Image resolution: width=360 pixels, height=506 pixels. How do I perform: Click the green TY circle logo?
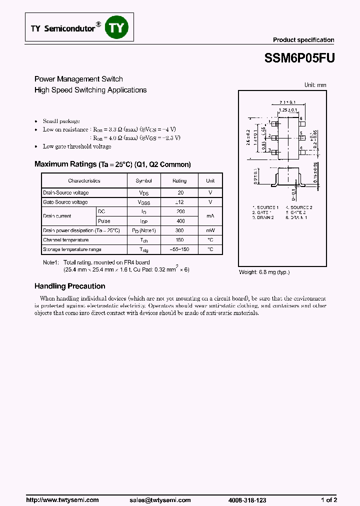click(115, 29)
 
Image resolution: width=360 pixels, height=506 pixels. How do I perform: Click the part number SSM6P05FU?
click(299, 58)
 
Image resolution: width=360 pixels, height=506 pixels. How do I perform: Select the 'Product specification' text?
click(303, 40)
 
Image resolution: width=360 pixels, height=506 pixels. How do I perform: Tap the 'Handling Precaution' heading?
click(69, 286)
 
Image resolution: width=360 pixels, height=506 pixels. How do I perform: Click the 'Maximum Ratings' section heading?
click(112, 164)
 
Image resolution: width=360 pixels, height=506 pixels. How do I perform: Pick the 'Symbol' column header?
click(143, 181)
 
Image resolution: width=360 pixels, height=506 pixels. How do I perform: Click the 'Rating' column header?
click(179, 181)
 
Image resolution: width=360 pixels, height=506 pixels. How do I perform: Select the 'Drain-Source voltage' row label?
click(66, 193)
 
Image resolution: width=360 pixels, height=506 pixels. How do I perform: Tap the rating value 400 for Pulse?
click(180, 221)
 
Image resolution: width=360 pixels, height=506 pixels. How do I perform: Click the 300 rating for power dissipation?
click(180, 230)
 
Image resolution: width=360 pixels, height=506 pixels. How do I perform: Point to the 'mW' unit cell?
click(210, 230)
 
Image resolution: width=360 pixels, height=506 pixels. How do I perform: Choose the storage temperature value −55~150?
click(180, 249)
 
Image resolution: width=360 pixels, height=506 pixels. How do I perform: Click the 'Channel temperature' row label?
click(65, 240)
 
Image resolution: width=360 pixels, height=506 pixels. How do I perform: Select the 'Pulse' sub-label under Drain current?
click(104, 221)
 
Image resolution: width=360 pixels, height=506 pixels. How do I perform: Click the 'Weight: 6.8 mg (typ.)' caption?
click(264, 272)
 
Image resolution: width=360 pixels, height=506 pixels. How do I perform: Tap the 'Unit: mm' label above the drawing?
click(315, 85)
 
